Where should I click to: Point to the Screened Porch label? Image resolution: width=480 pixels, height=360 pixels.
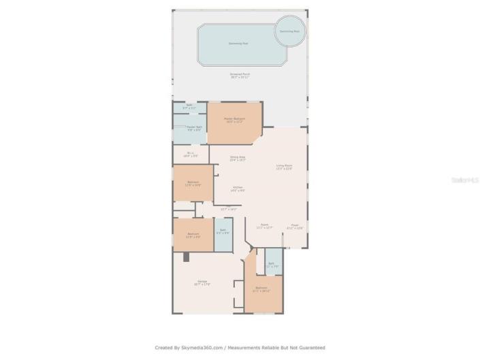coord(239,75)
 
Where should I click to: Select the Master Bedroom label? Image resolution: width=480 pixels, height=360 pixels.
coord(234,120)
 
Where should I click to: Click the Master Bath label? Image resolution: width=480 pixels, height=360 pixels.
coord(194,128)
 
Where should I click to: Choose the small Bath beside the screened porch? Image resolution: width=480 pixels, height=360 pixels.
coord(189,107)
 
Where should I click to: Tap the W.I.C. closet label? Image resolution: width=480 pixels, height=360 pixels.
coord(191,154)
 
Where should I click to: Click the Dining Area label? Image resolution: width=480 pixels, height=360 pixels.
coord(237,159)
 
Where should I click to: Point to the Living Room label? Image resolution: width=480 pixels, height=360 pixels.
coord(284,167)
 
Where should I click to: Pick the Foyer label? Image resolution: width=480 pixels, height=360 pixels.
coord(295,227)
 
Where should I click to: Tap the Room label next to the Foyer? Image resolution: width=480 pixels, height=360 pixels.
coord(264,226)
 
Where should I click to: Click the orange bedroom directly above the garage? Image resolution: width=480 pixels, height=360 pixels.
coord(193,235)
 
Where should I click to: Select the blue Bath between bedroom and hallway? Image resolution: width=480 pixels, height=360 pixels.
coord(223,233)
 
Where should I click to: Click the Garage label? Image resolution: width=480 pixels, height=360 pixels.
coord(202,283)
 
